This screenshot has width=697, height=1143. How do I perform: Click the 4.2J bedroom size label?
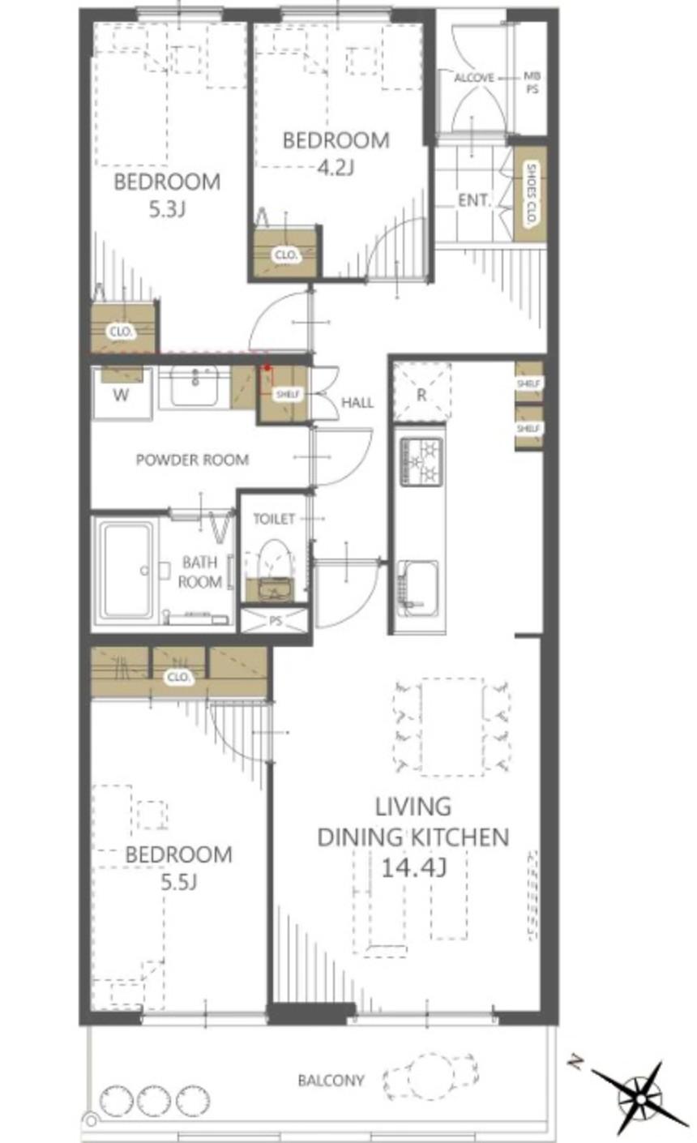coord(336,167)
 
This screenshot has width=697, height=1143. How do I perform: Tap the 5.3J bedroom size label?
coord(167,208)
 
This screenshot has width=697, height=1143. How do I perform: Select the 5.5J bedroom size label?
coord(178,882)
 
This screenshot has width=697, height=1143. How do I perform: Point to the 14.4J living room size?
coord(414,867)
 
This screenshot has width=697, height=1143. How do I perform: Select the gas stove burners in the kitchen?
coord(421,461)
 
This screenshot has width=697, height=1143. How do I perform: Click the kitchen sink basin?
coord(417,588)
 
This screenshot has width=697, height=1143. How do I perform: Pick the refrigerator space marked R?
coord(421,392)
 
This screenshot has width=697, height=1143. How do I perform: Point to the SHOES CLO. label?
coord(532,194)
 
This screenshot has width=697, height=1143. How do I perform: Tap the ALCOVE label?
coord(474,78)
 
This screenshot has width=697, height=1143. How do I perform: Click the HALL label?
coord(357,403)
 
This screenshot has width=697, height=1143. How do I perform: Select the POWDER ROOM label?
coord(192,460)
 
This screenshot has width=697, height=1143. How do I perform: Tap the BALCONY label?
coord(331,1081)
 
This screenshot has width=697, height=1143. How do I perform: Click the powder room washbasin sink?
coord(195,385)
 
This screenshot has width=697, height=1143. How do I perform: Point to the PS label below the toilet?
coord(276,621)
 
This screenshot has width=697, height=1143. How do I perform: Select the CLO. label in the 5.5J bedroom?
coord(178,677)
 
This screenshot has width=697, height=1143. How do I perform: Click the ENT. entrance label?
coord(475,200)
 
